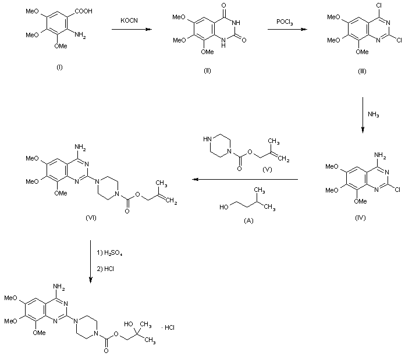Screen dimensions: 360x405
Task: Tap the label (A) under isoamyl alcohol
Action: click(x=251, y=220)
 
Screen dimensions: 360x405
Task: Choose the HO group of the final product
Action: click(x=127, y=319)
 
